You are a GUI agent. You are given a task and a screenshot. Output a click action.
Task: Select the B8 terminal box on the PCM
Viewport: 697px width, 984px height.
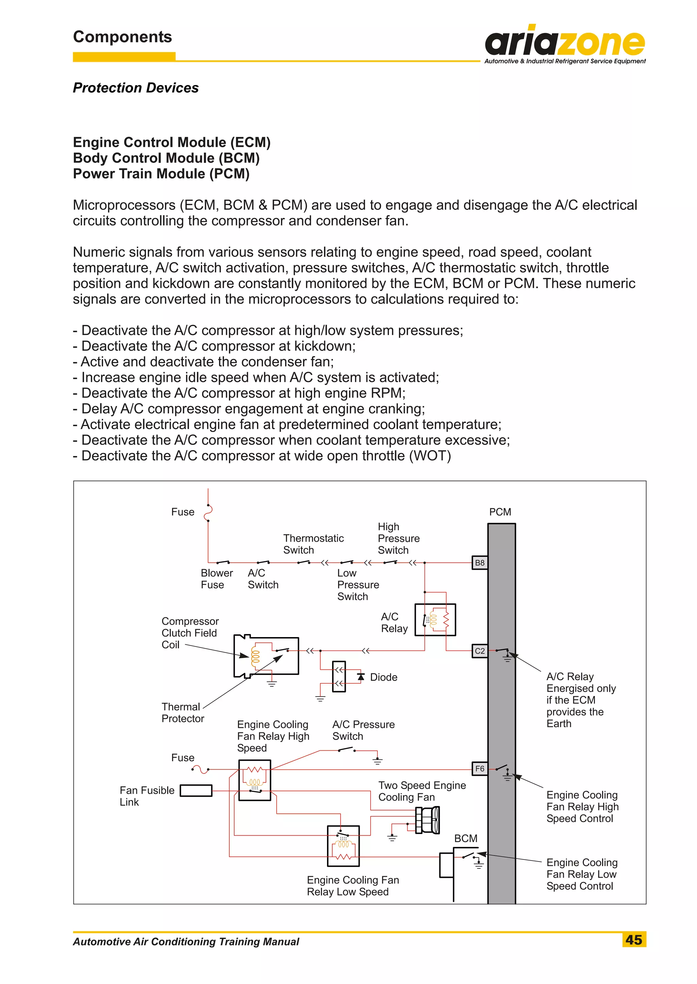click(480, 562)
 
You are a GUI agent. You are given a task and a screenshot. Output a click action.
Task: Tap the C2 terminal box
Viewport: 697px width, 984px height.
click(480, 651)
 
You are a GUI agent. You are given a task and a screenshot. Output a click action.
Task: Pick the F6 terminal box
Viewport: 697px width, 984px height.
click(480, 769)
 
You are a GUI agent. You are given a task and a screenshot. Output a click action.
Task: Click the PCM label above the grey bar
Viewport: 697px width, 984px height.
click(500, 512)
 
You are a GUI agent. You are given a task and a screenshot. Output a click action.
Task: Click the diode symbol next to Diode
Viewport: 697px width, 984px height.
click(361, 677)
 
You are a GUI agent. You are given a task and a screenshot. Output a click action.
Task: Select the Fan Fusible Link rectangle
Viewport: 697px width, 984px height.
click(196, 790)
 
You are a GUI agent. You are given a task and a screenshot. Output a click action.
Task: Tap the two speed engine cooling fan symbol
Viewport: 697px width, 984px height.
click(427, 820)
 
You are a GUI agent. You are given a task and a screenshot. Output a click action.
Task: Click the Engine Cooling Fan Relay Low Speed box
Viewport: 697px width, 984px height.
click(343, 846)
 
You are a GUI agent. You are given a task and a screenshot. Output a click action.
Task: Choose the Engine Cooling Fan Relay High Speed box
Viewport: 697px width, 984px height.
click(255, 780)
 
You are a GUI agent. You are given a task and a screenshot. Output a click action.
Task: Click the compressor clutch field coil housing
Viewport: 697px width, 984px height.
click(266, 656)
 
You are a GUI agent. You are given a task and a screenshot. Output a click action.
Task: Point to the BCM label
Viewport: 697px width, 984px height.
click(466, 838)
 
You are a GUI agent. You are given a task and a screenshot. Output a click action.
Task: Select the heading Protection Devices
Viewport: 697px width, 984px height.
click(136, 87)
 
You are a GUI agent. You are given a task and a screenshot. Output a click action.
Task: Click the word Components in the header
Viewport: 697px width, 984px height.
click(122, 37)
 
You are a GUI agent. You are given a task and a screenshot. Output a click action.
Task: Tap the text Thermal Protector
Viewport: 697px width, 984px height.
click(182, 713)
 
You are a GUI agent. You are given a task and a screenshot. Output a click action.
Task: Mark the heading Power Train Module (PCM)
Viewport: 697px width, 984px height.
click(161, 174)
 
